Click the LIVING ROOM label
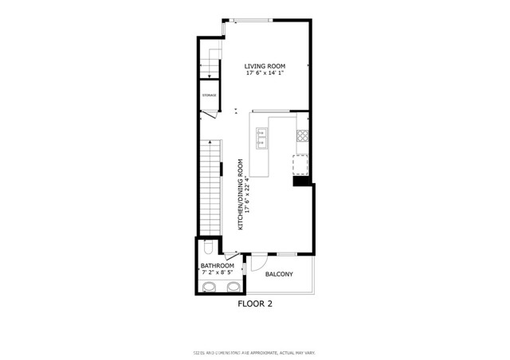tap(265, 66)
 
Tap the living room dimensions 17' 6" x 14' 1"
tap(265, 74)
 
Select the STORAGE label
tap(209, 96)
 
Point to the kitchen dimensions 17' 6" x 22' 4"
tap(248, 192)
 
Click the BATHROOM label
tap(217, 265)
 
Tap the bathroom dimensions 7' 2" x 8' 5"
tap(217, 273)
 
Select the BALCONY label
tap(279, 275)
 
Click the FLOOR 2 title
tap(255, 303)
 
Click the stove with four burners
tap(302, 135)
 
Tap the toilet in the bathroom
tap(206, 247)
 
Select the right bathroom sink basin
tap(233, 287)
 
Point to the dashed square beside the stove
tap(300, 165)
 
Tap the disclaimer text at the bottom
tap(255, 351)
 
